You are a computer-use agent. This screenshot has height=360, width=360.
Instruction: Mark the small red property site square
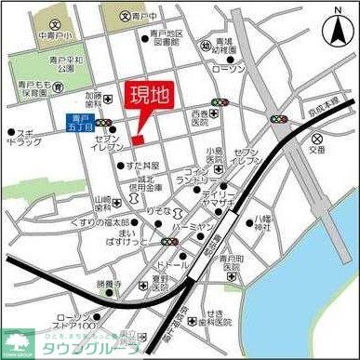tap(137, 140)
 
